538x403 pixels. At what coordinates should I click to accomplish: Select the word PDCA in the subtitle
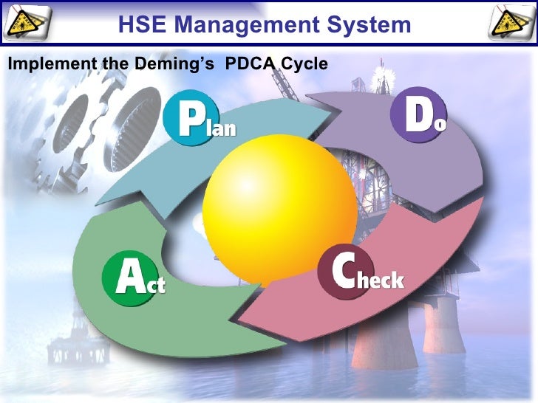coord(250,64)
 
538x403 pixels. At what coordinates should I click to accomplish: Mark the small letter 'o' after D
coord(440,124)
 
